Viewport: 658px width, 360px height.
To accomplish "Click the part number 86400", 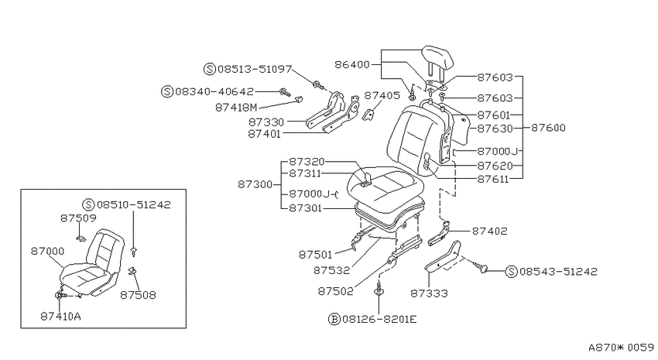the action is [x=352, y=64].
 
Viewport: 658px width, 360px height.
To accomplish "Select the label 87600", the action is [x=548, y=128].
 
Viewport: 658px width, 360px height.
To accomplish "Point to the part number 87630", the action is [x=495, y=129].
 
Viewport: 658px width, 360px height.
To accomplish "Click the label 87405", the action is [x=382, y=96].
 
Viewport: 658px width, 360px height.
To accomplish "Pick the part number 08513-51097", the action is [x=255, y=69].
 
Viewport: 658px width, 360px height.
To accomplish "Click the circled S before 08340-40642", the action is [x=167, y=91].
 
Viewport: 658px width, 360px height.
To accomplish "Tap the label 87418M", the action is [x=236, y=108].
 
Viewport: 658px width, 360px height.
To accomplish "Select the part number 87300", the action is [x=255, y=184].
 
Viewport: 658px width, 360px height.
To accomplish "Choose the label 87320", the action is [x=307, y=162].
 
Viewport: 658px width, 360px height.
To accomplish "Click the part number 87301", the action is [x=306, y=207].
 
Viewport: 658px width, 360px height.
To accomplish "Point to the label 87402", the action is [x=490, y=231].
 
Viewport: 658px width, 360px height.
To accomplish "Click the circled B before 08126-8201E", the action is [x=334, y=319].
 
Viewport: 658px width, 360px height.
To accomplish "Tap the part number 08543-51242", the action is [x=558, y=272].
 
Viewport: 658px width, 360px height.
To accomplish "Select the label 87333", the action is [x=429, y=293].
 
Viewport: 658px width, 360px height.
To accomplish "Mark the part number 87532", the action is [x=331, y=271].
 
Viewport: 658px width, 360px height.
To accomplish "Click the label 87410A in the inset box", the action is [x=60, y=317].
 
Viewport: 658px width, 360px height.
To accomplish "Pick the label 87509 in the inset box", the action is [x=78, y=218].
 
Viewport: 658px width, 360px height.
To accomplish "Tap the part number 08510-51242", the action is [x=133, y=204].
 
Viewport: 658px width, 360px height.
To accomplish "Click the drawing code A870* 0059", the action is [x=621, y=348].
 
